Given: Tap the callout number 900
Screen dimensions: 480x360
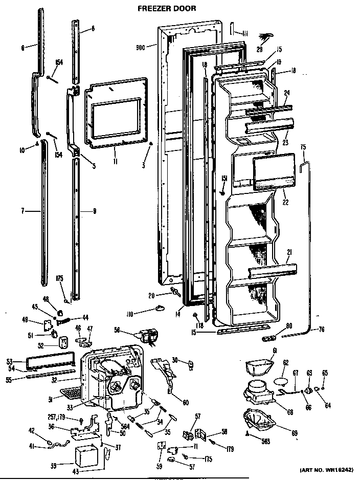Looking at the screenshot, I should point(141,47).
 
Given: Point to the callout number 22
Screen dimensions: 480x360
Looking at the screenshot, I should point(285,202).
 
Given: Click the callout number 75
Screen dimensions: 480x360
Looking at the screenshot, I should point(303,147).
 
